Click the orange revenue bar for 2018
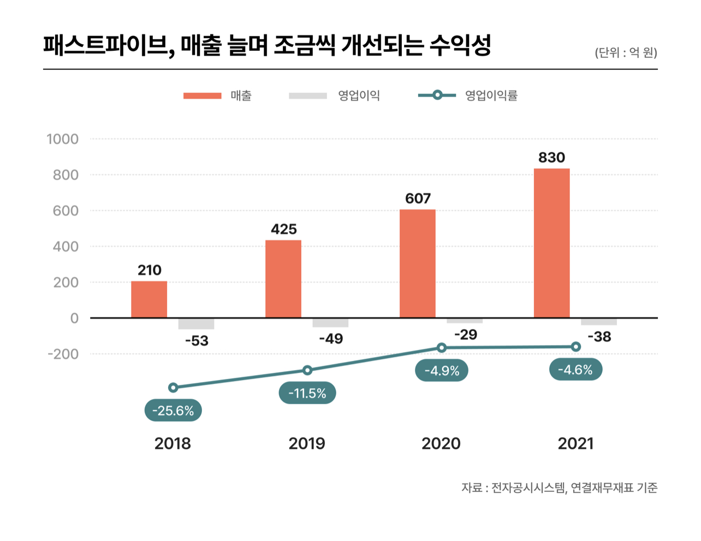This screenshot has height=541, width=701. tap(149, 299)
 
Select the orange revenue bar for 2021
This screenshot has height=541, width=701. tap(551, 243)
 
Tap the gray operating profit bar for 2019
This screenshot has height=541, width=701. tap(330, 323)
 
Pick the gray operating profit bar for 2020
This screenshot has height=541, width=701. tap(465, 320)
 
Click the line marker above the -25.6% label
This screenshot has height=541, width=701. tap(173, 388)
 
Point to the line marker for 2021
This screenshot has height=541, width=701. tap(576, 347)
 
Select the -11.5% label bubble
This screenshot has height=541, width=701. tap(307, 393)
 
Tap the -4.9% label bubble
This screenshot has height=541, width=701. tap(442, 371)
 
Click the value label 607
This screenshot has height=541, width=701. tap(418, 198)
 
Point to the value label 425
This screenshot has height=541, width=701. tap(284, 229)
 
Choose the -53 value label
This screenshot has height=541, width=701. tap(197, 341)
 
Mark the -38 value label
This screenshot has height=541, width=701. tap(599, 337)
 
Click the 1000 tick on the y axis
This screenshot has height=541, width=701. tap(63, 139)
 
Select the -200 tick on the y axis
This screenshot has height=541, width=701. tap(63, 354)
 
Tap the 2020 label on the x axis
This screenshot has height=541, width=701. tap(441, 443)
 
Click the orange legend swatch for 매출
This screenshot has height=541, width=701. tap(202, 96)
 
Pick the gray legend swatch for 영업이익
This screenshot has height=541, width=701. tap(308, 96)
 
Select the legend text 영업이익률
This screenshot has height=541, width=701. tap(491, 96)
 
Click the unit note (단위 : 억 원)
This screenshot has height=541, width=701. tap(626, 52)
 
